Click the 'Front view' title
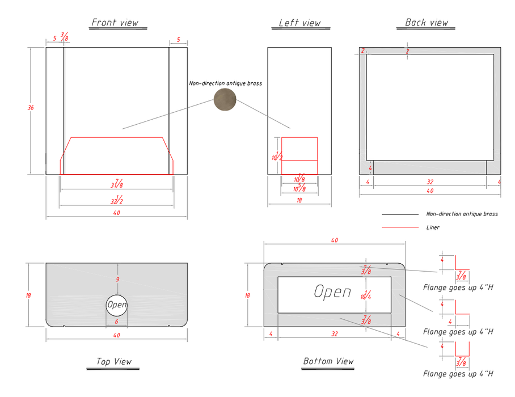click(x=115, y=22)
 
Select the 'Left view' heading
click(x=299, y=23)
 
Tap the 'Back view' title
click(x=427, y=22)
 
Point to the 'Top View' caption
click(x=113, y=361)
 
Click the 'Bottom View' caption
click(x=328, y=361)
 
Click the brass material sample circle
click(x=225, y=99)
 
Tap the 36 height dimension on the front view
click(x=31, y=107)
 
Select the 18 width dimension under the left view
click(x=299, y=200)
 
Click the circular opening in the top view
click(x=117, y=305)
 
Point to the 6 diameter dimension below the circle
click(x=116, y=322)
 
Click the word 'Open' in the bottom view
click(x=332, y=292)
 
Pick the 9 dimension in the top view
click(x=117, y=280)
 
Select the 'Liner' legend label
click(x=433, y=227)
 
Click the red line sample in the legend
click(x=400, y=227)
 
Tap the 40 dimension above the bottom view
click(x=335, y=240)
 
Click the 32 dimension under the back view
click(x=430, y=182)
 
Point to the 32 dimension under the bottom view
click(x=335, y=334)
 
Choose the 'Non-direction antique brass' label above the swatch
click(x=225, y=83)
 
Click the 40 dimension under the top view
click(x=117, y=335)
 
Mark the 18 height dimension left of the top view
click(x=28, y=295)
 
